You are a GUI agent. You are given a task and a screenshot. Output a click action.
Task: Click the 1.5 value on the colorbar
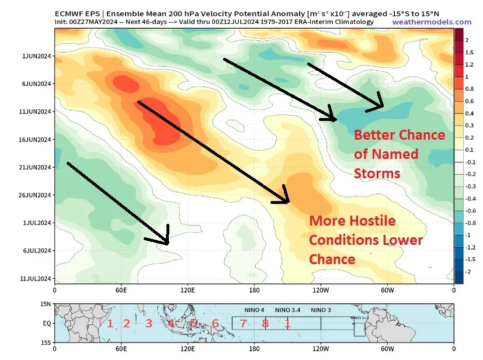tap(470, 52)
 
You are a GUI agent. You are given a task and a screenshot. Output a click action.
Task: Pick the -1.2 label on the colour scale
tap(470, 247)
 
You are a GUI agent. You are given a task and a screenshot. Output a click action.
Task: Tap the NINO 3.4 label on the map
tap(287, 309)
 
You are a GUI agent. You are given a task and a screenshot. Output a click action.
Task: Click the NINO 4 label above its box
tap(254, 309)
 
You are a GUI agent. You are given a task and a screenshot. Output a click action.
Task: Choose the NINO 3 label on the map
tap(321, 309)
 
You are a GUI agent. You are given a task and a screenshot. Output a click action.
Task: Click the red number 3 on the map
tap(148, 323)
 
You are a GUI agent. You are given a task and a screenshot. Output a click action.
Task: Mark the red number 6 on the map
tap(215, 323)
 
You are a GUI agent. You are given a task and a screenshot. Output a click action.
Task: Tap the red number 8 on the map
tap(265, 323)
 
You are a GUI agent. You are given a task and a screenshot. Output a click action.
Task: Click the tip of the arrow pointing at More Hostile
tap(289, 203)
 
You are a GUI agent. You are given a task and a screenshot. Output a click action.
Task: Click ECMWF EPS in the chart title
tap(75, 13)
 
